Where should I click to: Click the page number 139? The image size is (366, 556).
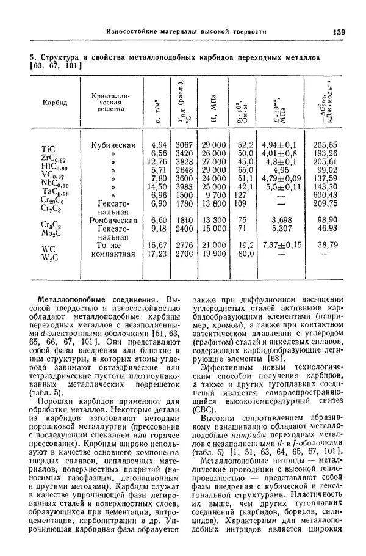(x=339, y=31)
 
